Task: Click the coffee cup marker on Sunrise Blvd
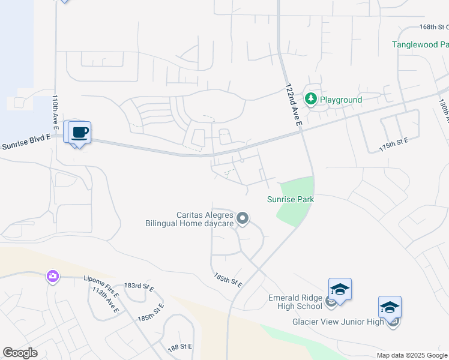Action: point(79,133)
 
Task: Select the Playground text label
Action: point(341,100)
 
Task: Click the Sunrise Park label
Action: point(291,199)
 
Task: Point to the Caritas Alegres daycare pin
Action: point(243,218)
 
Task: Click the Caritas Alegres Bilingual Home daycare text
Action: point(189,219)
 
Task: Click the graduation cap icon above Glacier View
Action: point(390,308)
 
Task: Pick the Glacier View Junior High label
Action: point(337,322)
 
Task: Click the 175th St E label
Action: point(394,144)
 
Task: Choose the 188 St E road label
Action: point(179,347)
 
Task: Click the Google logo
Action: point(20,353)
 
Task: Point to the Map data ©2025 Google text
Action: point(412,355)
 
